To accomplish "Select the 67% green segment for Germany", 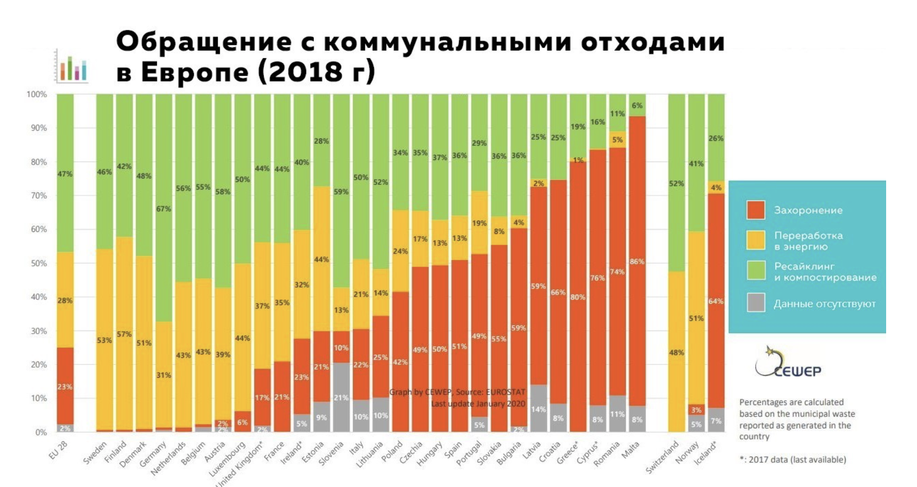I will pos(163,208).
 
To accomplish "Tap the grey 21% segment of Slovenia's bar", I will pos(341,397).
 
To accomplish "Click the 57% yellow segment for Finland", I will pos(124,334).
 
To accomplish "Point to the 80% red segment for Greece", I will pos(577,297).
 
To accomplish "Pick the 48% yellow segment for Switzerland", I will pos(677,352).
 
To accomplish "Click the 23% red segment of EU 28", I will pos(65,386).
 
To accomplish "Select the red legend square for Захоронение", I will pos(756,210).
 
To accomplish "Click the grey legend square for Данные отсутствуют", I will pos(756,303).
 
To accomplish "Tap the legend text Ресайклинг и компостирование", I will pos(825,271).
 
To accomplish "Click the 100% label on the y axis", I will pos(36,95).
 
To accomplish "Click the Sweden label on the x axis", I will pos(96,452).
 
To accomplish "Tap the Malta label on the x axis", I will pos(631,449).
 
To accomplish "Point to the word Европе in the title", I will pos(195,72).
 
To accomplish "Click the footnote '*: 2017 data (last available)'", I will pos(792,460).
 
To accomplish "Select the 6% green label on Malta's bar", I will pos(637,105).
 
